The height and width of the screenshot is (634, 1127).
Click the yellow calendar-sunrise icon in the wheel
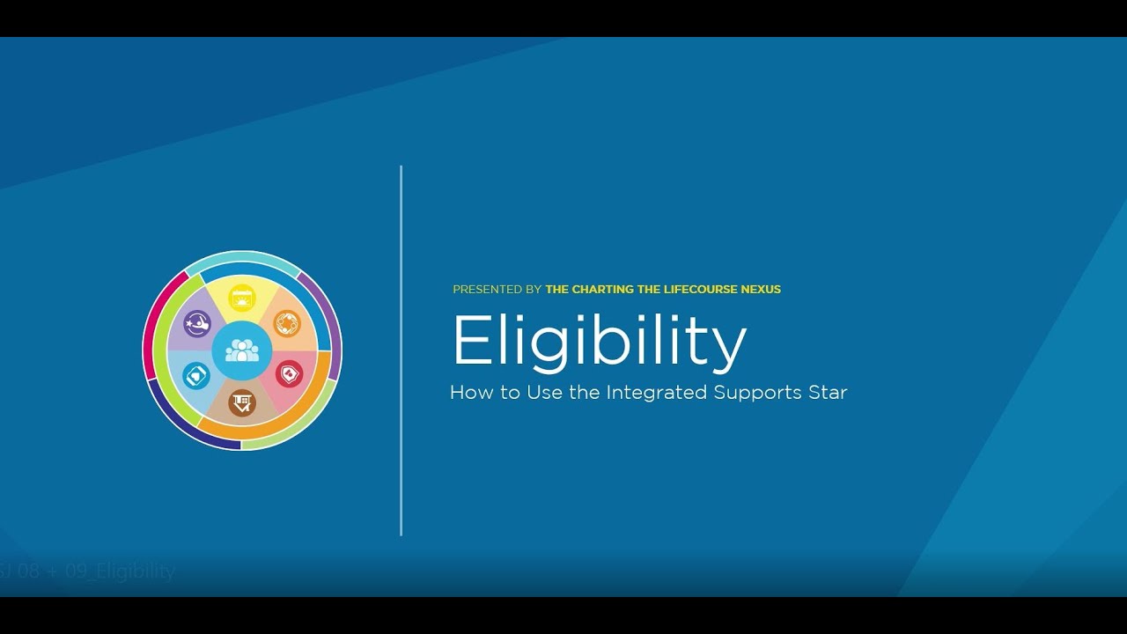click(242, 298)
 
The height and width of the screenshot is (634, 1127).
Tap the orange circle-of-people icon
click(287, 323)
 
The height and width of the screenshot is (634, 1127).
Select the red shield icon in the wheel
click(288, 374)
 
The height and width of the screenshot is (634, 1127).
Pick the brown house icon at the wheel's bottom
click(241, 402)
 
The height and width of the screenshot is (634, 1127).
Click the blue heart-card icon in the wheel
click(195, 376)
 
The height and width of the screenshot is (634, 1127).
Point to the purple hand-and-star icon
click(196, 324)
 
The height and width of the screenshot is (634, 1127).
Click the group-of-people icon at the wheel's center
click(242, 350)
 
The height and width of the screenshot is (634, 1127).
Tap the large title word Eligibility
click(599, 342)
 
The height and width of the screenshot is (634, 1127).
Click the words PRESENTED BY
click(497, 290)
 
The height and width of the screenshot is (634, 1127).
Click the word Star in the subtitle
click(828, 393)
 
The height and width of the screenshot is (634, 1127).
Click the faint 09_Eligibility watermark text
click(135, 571)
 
